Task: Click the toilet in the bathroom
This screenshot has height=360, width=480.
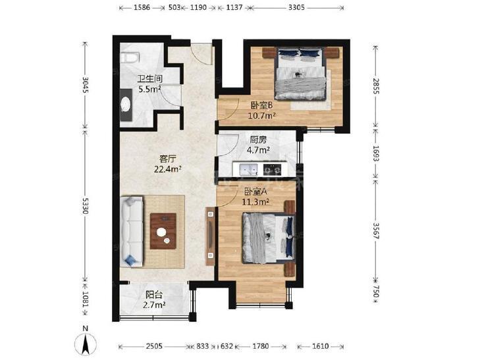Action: (130, 57)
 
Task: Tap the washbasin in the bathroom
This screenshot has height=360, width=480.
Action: (126, 105)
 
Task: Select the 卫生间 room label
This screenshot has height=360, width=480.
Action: (149, 78)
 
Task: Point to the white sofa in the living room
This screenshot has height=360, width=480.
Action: (132, 231)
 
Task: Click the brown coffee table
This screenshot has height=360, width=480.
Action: (163, 231)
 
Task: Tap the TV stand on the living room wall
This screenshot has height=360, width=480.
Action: (210, 236)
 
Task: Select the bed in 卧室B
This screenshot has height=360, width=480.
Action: (300, 74)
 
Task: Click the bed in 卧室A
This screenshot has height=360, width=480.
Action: (269, 238)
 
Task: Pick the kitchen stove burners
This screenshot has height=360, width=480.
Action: (272, 169)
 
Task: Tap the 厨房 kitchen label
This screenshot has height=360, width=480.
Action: (258, 140)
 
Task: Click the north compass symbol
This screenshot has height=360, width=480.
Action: (86, 342)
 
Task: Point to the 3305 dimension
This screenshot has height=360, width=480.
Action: (296, 7)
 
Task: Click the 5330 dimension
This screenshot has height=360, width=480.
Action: (85, 205)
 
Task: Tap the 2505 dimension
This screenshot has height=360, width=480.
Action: (154, 346)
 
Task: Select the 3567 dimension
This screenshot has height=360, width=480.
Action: (376, 230)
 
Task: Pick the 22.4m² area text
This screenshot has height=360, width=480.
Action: (168, 169)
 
